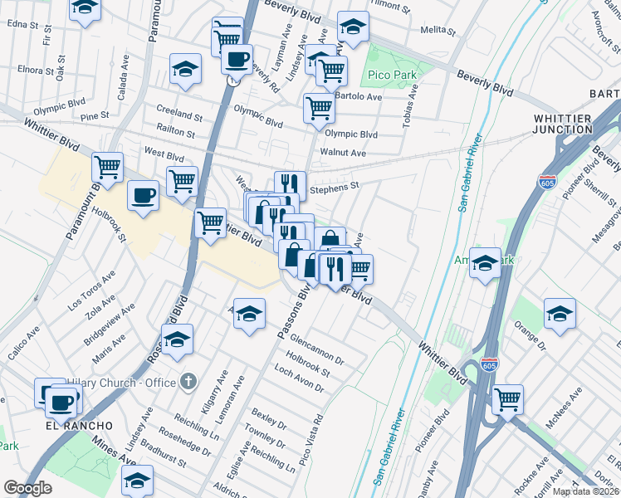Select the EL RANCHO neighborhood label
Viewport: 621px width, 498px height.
tap(79, 424)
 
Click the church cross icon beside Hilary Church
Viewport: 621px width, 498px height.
tap(188, 382)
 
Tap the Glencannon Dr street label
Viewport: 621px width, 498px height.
tap(312, 350)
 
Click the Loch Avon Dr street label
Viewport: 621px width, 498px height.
tap(297, 383)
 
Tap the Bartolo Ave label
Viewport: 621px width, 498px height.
tap(358, 96)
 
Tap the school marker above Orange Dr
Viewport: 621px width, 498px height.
tap(560, 315)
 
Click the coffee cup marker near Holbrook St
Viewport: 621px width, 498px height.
tap(143, 196)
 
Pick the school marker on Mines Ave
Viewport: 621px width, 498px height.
tap(138, 479)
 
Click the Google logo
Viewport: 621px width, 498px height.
tap(28, 488)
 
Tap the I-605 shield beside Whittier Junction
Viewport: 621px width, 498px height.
tap(546, 182)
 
